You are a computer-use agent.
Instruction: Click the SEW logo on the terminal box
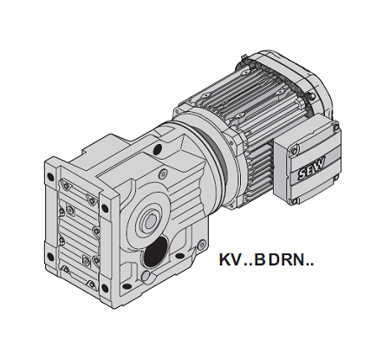point(311,168)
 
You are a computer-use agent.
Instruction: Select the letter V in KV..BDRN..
point(236,259)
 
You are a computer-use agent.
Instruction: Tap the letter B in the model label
point(260,259)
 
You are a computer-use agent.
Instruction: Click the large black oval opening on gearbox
point(155,252)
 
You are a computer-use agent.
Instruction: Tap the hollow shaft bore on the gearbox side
point(149,222)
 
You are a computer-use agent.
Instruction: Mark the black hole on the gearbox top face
point(158,148)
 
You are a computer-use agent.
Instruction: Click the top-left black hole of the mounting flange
point(50,177)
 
